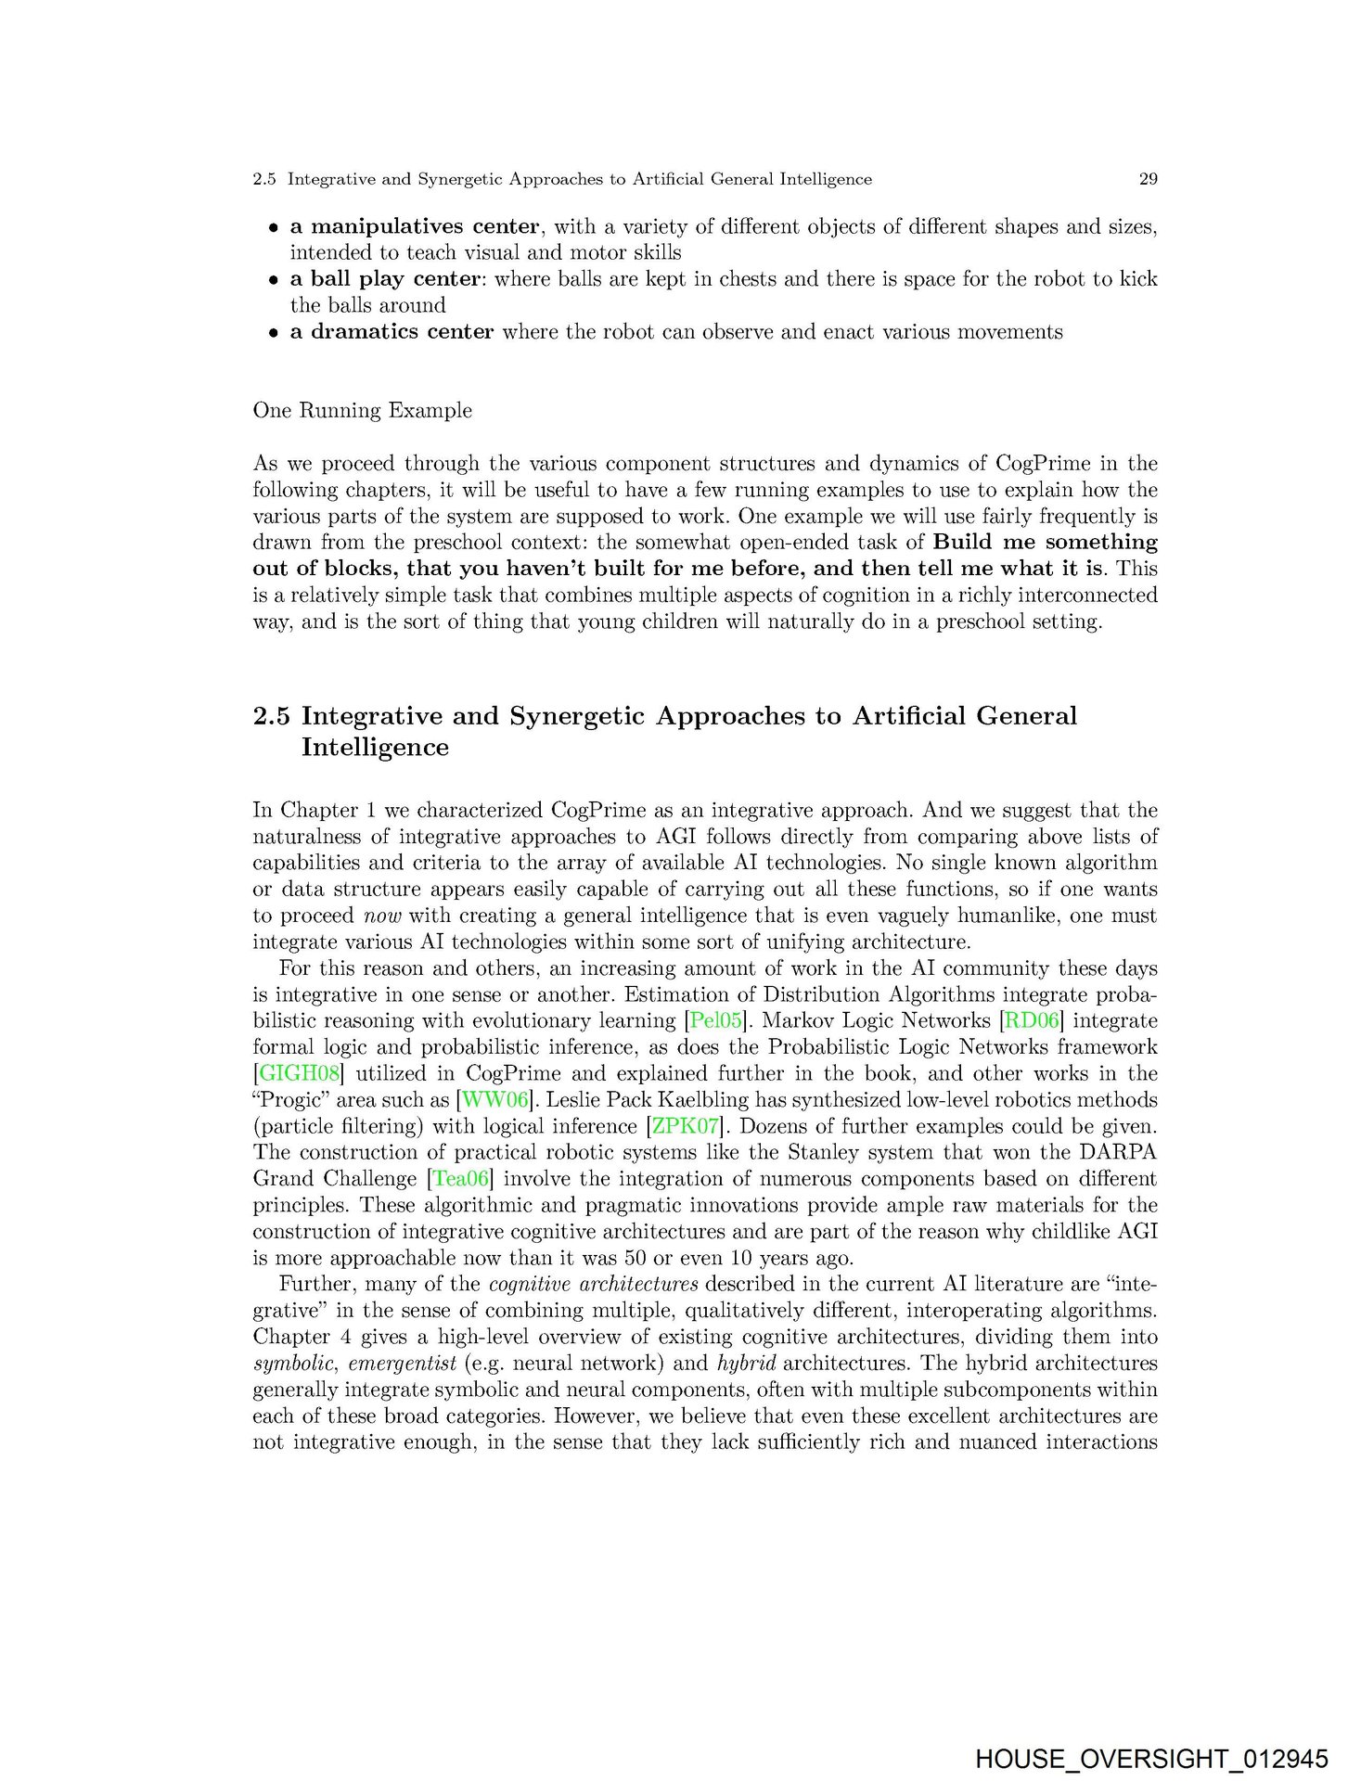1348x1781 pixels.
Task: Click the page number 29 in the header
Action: tap(1148, 179)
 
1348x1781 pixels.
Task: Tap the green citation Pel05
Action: tap(716, 1021)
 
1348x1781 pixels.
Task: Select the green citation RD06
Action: tap(1032, 1021)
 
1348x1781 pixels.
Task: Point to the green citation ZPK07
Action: tap(686, 1127)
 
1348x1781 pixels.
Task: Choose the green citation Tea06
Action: tap(461, 1179)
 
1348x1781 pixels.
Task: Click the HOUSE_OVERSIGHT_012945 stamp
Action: tap(1151, 1759)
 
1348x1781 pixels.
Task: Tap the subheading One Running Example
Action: tap(362, 411)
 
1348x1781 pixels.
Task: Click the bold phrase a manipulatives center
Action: tap(414, 227)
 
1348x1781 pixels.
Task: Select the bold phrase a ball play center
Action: tap(385, 279)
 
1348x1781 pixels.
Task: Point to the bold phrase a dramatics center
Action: tap(392, 332)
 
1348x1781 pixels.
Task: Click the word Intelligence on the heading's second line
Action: tap(375, 748)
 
